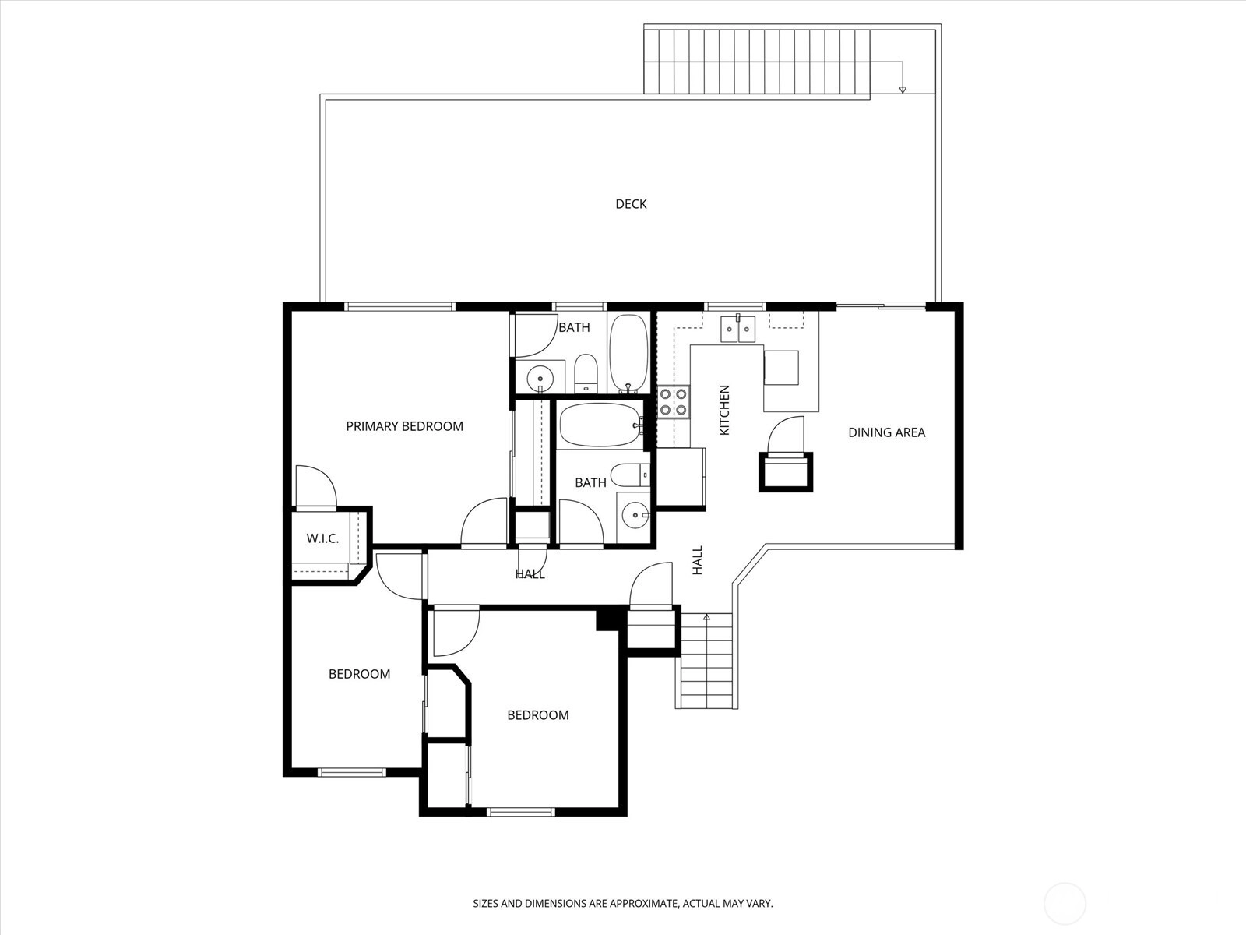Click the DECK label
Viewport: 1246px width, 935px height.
coord(631,204)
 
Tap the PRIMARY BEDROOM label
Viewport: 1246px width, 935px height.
coord(404,426)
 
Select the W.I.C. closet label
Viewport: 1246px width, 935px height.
coord(322,538)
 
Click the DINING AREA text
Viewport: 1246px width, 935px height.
coord(887,432)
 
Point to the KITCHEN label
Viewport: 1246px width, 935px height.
coord(724,410)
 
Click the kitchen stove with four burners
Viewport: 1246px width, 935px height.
coord(674,401)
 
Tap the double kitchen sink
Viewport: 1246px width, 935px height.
coord(738,329)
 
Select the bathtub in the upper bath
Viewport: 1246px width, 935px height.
coord(628,353)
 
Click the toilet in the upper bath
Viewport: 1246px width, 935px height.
coord(586,373)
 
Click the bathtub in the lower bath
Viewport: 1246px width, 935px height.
coord(601,425)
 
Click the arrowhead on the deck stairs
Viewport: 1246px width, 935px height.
coord(903,90)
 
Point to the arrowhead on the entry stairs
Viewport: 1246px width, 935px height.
coord(707,616)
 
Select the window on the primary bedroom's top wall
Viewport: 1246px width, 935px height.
coord(400,306)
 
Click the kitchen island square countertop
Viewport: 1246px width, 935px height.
coord(781,368)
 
